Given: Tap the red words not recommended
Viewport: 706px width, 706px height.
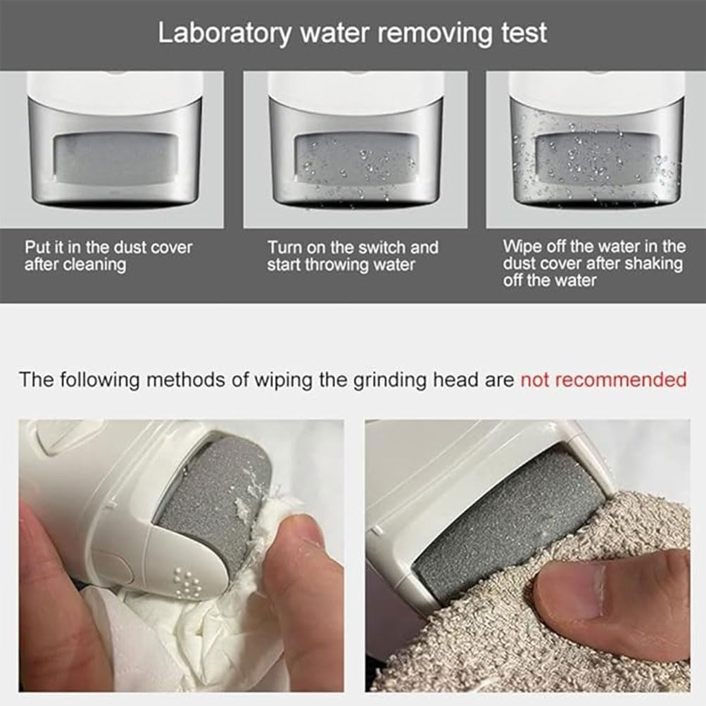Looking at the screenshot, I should tap(603, 380).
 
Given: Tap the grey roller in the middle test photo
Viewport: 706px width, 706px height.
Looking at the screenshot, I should tap(355, 158).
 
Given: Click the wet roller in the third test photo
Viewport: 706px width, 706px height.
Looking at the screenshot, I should tap(593, 158).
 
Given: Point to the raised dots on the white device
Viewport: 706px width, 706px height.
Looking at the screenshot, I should tap(188, 584).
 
